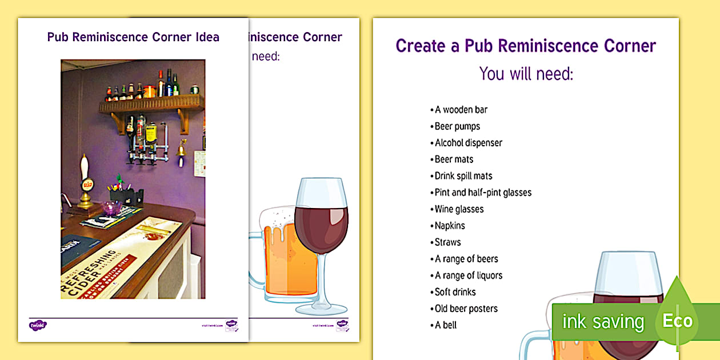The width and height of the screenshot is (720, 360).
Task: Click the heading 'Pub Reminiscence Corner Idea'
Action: pyautogui.click(x=133, y=37)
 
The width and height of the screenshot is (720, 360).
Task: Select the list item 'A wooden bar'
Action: pyautogui.click(x=461, y=110)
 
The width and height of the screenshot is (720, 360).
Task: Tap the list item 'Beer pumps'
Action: pyautogui.click(x=457, y=126)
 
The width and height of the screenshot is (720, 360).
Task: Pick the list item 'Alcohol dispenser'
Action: pyautogui.click(x=469, y=143)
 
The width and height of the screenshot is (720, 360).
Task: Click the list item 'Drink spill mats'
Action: pyautogui.click(x=463, y=176)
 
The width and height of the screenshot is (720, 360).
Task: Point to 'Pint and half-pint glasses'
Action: pyautogui.click(x=483, y=193)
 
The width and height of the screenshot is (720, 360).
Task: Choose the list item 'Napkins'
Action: pyautogui.click(x=450, y=226)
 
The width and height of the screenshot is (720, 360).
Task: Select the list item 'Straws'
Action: pyautogui.click(x=447, y=242)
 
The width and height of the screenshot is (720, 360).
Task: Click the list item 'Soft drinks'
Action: pyautogui.click(x=455, y=292)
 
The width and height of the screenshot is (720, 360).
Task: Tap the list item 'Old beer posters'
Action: pyautogui.click(x=466, y=309)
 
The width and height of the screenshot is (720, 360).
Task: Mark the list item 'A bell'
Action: pyautogui.click(x=446, y=325)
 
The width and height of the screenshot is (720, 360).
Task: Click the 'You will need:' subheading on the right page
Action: pyautogui.click(x=526, y=74)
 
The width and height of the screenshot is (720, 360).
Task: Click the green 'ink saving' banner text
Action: pyautogui.click(x=603, y=322)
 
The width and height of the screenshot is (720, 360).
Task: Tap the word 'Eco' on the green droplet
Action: pyautogui.click(x=678, y=321)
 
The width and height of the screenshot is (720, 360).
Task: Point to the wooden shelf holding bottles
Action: pyautogui.click(x=151, y=105)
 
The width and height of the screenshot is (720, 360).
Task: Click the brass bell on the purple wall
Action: pyautogui.click(x=181, y=150)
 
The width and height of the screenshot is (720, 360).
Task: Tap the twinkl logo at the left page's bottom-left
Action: pyautogui.click(x=38, y=325)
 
